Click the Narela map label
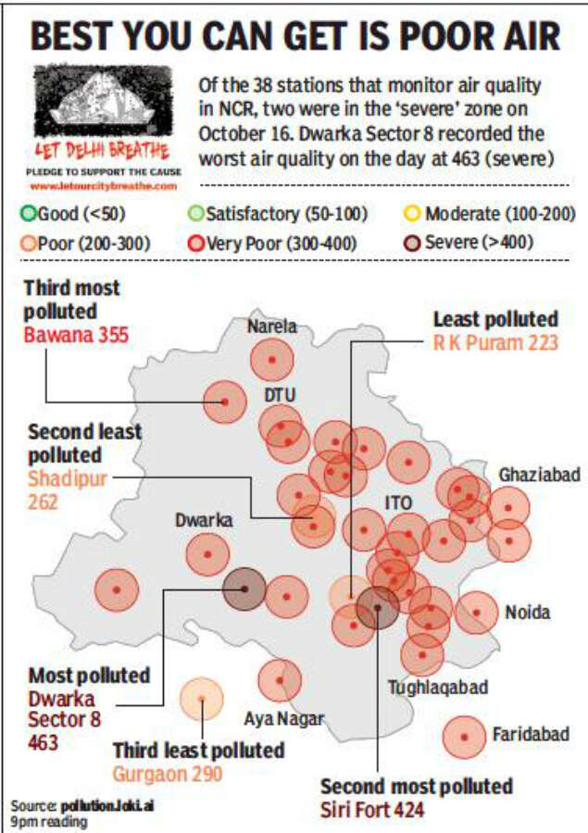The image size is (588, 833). pyautogui.click(x=272, y=326)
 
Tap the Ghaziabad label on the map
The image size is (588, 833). pyautogui.click(x=540, y=474)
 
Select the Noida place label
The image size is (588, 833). pyautogui.click(x=528, y=612)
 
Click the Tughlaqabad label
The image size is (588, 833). pyautogui.click(x=438, y=688)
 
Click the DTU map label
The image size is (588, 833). pyautogui.click(x=280, y=394)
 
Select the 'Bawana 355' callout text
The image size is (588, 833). pyautogui.click(x=77, y=333)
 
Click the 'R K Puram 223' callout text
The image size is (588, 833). pyautogui.click(x=495, y=343)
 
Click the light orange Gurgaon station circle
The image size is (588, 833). pyautogui.click(x=201, y=699)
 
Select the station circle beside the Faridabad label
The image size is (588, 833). pyautogui.click(x=466, y=737)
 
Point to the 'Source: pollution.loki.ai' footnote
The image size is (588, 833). pyautogui.click(x=82, y=805)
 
